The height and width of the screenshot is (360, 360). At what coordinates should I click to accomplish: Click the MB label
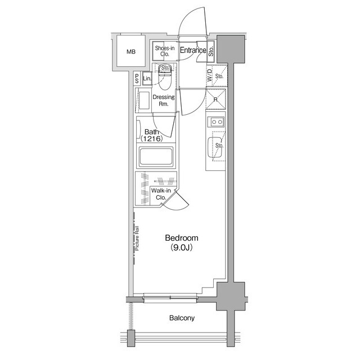[131, 52]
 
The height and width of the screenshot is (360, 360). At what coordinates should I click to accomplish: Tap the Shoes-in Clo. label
[165, 51]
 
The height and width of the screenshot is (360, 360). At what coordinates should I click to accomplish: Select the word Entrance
[193, 50]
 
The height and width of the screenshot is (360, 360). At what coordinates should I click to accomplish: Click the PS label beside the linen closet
[137, 79]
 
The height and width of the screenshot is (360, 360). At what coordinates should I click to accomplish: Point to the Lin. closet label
[147, 79]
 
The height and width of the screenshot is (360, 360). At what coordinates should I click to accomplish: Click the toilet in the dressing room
[164, 78]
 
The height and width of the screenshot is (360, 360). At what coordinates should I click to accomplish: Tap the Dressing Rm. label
[164, 100]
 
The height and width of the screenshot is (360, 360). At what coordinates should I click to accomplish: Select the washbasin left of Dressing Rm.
[144, 100]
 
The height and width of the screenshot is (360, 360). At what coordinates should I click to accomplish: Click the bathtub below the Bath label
[156, 156]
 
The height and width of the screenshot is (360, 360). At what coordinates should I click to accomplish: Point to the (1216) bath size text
[152, 139]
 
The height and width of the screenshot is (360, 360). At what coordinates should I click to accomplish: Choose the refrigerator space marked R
[215, 99]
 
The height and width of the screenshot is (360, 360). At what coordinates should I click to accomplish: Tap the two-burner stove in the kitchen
[215, 121]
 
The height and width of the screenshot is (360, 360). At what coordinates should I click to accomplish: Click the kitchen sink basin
[215, 147]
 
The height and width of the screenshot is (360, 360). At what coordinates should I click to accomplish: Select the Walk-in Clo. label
[161, 193]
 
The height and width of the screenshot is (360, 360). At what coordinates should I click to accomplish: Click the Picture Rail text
[137, 238]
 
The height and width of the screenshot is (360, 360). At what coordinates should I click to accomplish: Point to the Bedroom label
[182, 238]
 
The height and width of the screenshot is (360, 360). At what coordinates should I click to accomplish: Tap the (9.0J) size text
[181, 247]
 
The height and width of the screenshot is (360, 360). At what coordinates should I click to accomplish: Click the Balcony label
[182, 318]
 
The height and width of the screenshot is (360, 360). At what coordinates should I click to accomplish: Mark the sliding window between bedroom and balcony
[170, 298]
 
